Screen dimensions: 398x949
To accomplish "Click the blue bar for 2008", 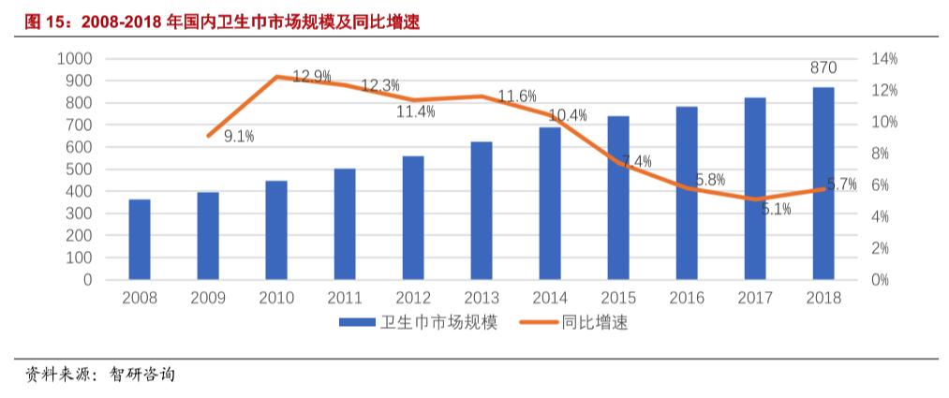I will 140,240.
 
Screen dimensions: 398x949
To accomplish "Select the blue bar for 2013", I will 482,211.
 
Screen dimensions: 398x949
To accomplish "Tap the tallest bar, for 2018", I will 823,184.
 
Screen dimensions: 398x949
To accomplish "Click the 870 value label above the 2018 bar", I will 823,67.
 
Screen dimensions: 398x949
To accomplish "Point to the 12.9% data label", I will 311,77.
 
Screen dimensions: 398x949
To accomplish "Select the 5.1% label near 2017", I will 776,210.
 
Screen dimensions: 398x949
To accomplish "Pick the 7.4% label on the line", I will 636,161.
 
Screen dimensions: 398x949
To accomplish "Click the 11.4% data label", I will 415,111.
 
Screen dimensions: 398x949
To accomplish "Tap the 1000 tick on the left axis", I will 74,58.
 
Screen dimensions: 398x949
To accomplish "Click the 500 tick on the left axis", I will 79,170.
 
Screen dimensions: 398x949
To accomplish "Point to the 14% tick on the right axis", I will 884,58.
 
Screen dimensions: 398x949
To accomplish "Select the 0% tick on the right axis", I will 881,280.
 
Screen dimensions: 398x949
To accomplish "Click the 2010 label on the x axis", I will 276,298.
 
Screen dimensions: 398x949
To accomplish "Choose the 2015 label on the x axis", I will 618,298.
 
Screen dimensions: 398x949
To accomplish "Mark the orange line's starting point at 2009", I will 208,136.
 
